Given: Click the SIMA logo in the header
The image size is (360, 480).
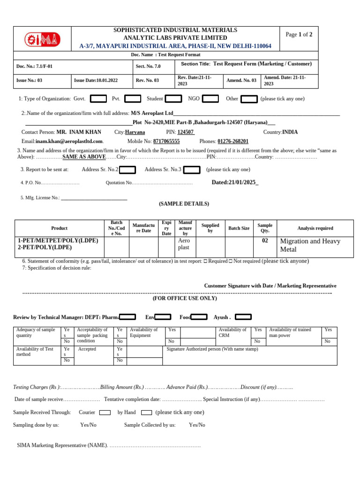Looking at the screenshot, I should click(x=43, y=39).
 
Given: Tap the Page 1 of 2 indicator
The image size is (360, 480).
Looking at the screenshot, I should click(x=299, y=35).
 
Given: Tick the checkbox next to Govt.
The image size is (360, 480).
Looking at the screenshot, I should click(x=98, y=99).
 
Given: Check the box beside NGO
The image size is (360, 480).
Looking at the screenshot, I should click(x=210, y=99).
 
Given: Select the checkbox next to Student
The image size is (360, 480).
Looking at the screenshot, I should click(x=173, y=99).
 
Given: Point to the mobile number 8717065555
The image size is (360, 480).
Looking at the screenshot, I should click(x=166, y=141).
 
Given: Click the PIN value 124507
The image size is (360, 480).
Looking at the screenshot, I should click(x=186, y=132).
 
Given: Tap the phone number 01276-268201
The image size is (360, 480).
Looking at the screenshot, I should click(x=233, y=141).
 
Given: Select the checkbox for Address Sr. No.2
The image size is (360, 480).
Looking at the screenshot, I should click(x=127, y=170).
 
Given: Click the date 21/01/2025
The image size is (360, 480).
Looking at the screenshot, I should click(x=235, y=182).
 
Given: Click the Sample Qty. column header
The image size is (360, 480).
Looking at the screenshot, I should click(x=265, y=228).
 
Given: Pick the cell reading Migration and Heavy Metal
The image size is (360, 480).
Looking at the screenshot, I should click(x=310, y=245).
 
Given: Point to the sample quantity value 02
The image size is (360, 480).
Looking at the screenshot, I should click(x=265, y=241).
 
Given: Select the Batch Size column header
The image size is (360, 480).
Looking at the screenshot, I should click(x=239, y=228).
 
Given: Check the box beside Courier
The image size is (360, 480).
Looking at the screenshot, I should click(x=105, y=412).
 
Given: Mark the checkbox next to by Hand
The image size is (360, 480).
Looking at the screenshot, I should click(x=146, y=412).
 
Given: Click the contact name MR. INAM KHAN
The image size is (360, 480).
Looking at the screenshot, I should click(x=79, y=132).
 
